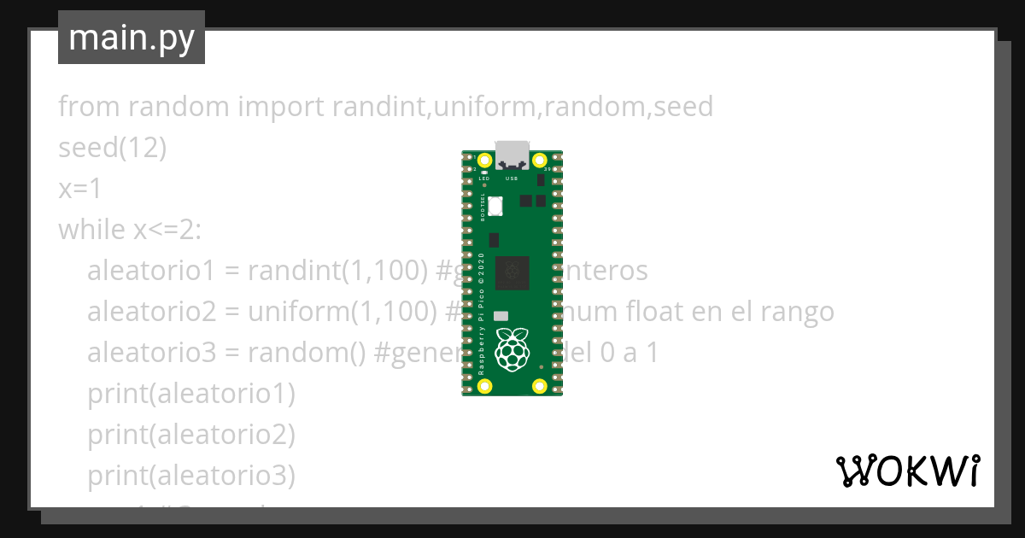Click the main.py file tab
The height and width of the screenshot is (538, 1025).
point(132,38)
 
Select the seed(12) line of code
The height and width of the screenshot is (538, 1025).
point(112,148)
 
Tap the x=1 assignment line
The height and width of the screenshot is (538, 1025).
point(80,189)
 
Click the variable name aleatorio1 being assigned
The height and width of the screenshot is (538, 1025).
point(149,271)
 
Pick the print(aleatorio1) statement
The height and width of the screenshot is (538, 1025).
point(190,394)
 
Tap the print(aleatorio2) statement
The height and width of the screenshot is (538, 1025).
point(190,435)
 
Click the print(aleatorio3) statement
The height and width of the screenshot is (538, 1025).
point(190,476)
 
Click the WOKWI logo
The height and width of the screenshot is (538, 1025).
point(908,471)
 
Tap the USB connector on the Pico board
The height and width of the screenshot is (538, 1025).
point(512,154)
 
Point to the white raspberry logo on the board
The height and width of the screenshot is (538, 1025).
point(512,349)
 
